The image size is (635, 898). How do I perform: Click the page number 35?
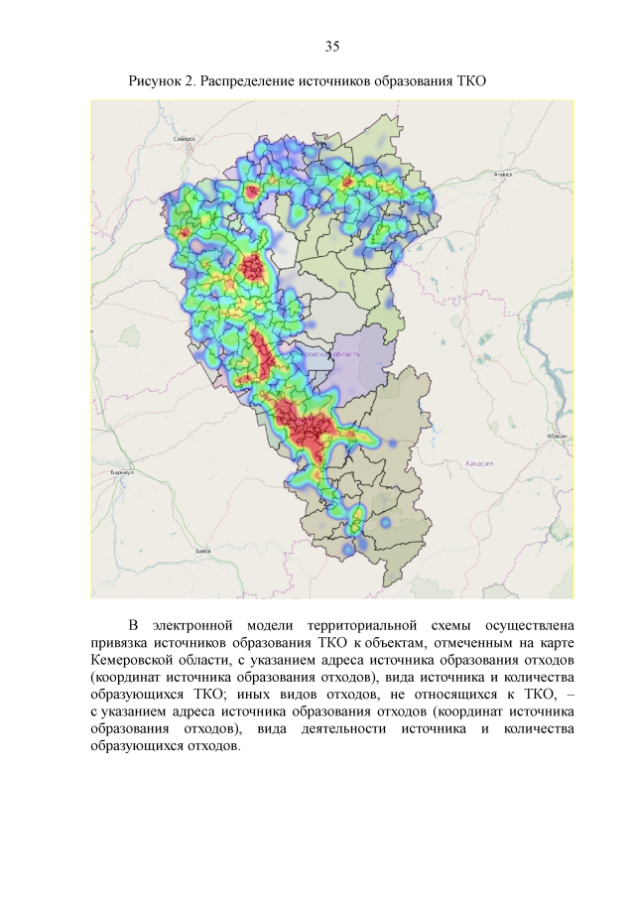click(332, 47)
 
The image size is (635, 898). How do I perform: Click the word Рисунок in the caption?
click(155, 80)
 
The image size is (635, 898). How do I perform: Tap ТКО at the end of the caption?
click(470, 80)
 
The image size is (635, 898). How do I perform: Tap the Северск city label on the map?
click(184, 140)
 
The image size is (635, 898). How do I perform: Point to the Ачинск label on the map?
click(503, 175)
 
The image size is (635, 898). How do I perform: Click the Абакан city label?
click(557, 436)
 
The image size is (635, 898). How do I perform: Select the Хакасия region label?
click(480, 463)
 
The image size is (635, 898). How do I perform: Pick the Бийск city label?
click(203, 549)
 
